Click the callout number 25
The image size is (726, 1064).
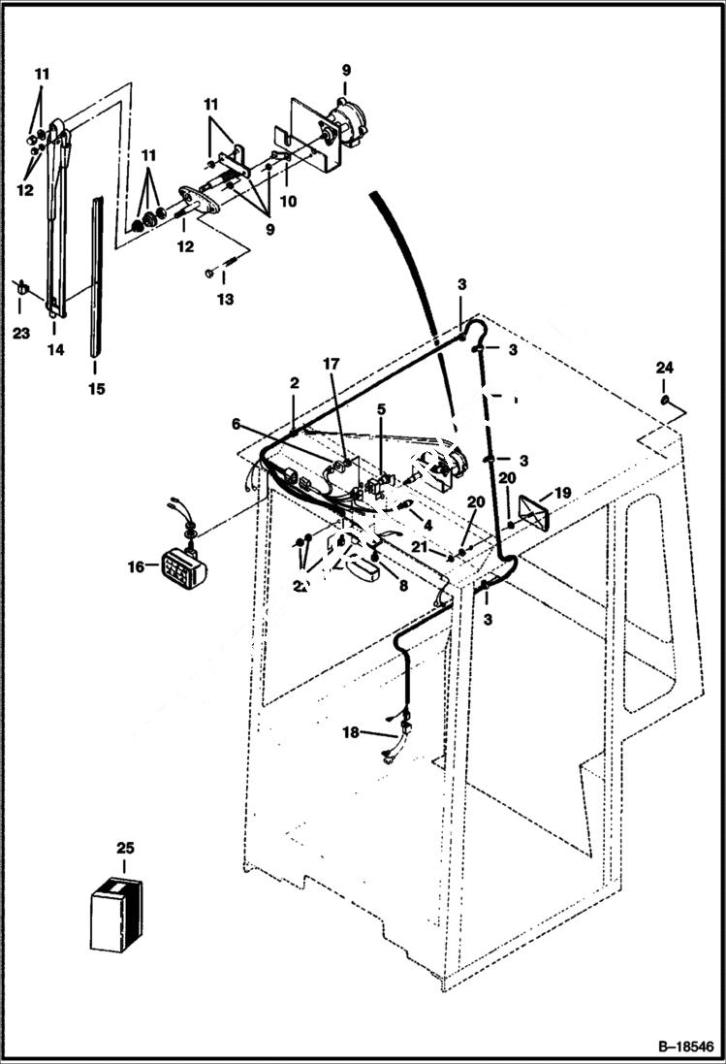pos(124,849)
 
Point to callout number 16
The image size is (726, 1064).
pos(137,566)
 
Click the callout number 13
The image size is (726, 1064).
pos(225,300)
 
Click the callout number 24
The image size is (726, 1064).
pos(663,368)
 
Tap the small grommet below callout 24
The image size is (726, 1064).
pos(663,401)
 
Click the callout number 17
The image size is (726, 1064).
pos(331,364)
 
